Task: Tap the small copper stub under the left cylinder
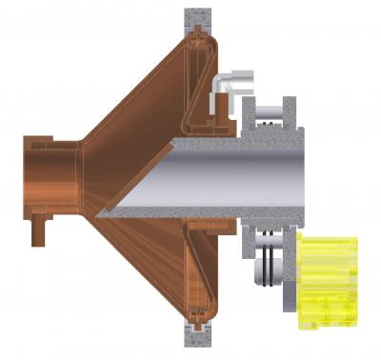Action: point(40,230)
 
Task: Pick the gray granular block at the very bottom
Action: point(198,336)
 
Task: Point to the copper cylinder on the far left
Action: point(52,177)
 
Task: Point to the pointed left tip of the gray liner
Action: point(101,215)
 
